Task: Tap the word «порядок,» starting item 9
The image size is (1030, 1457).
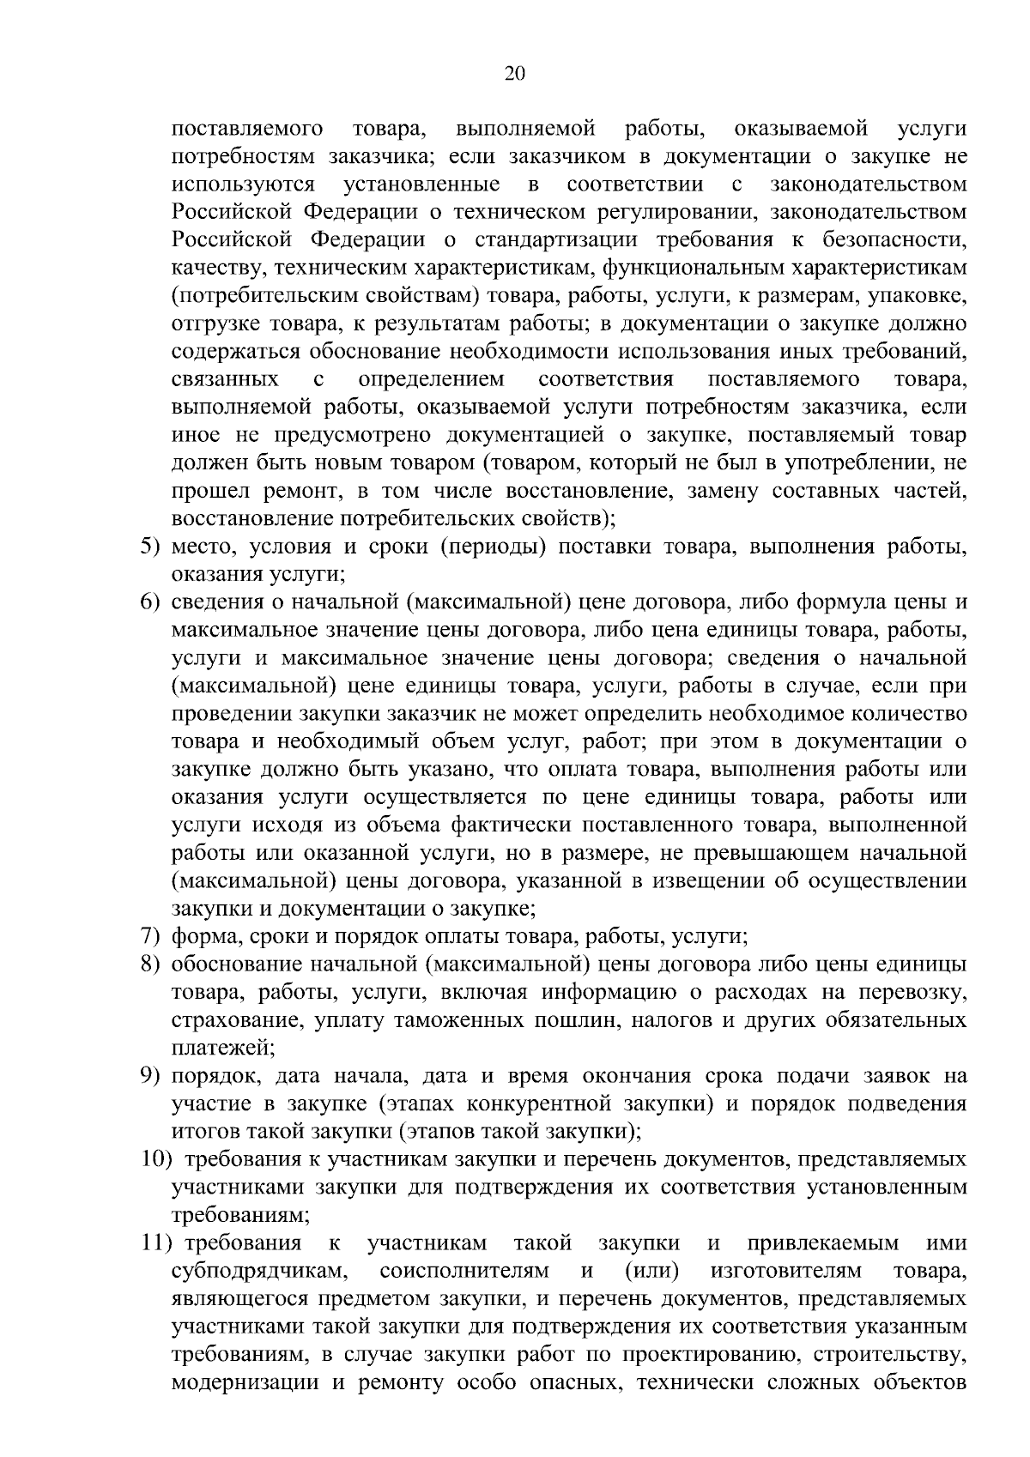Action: point(214,1075)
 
